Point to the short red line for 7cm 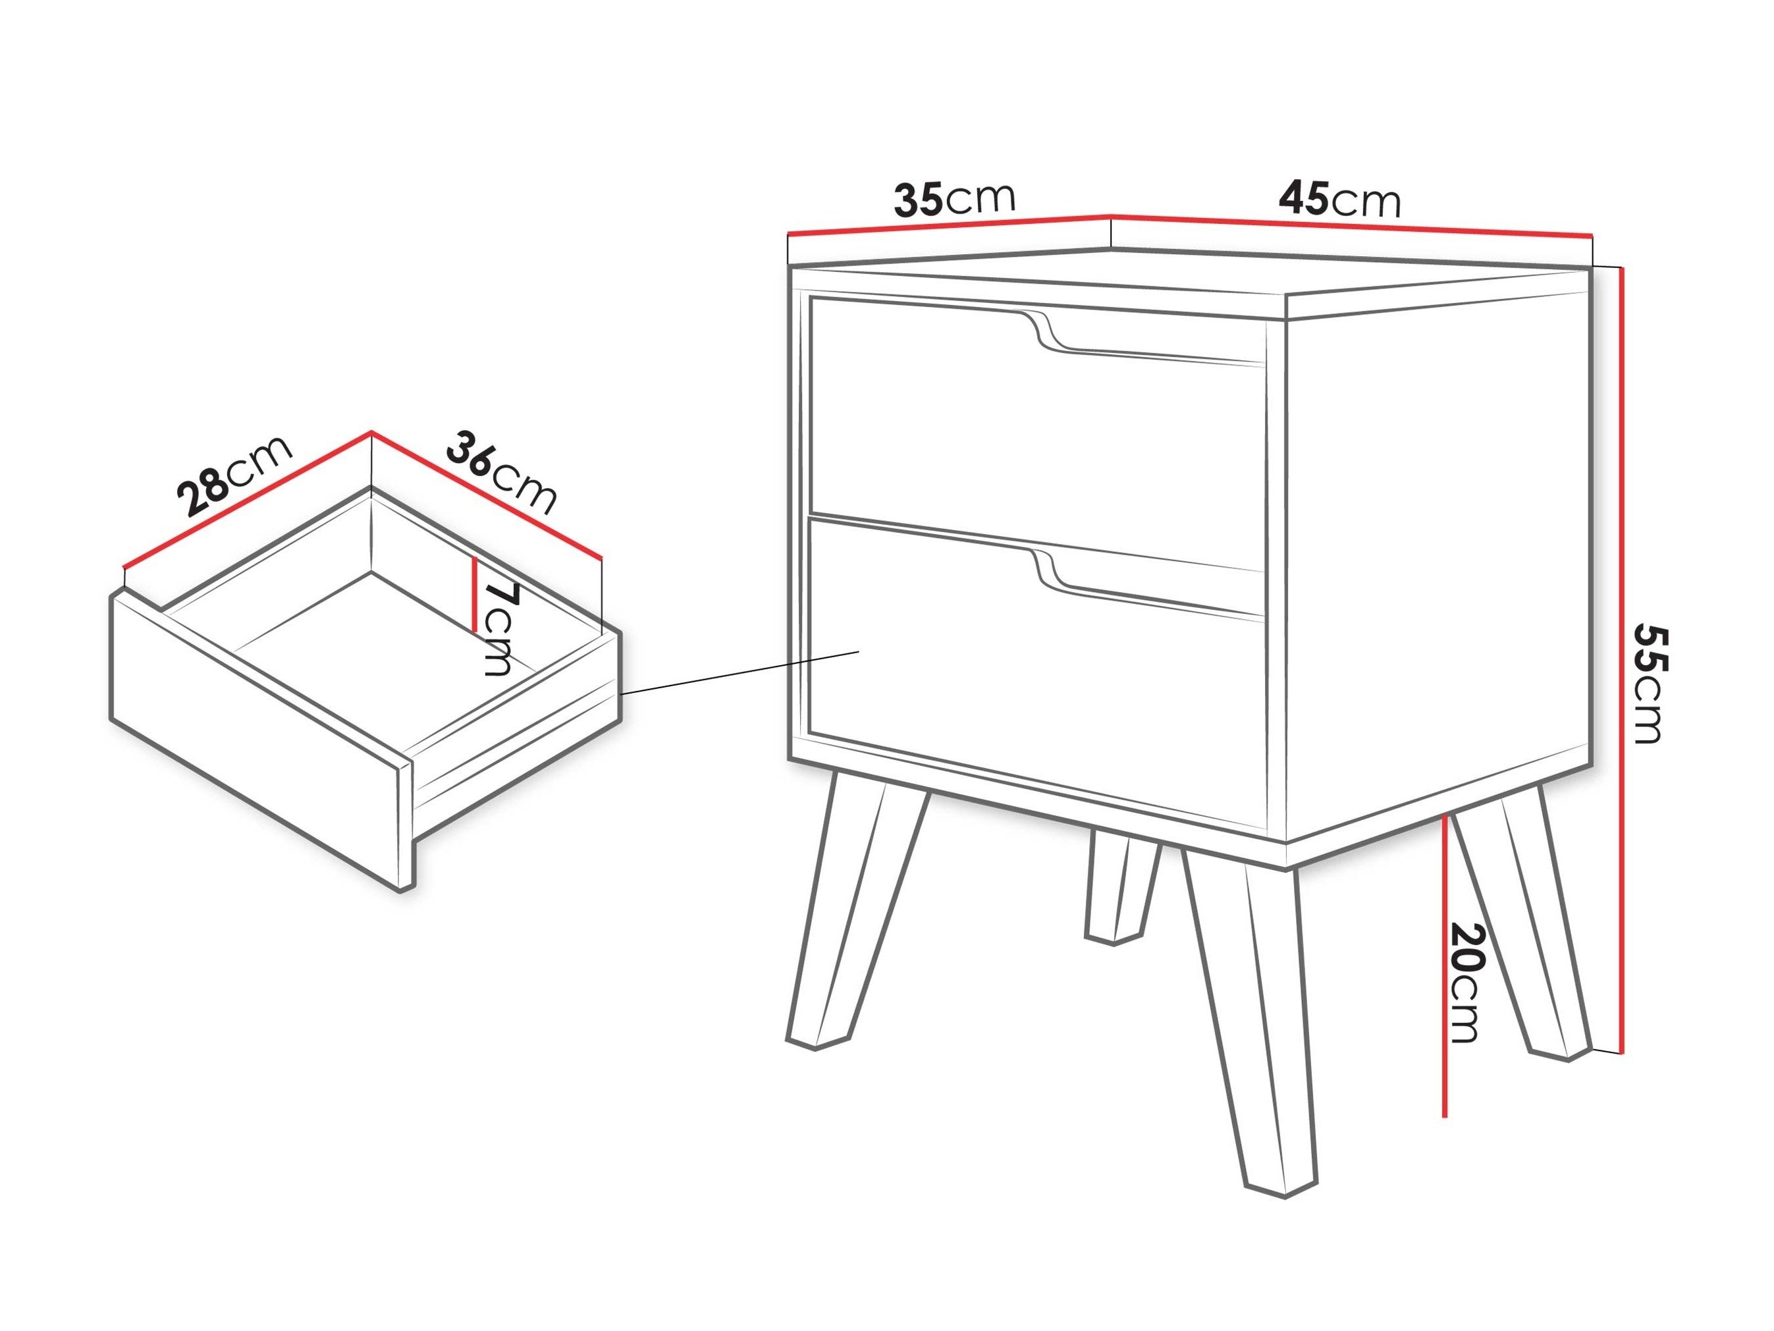tap(475, 593)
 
